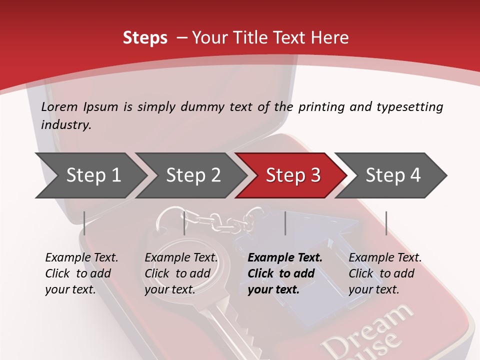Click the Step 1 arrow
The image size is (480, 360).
tap(93, 175)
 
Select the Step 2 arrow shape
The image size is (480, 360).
tap(193, 175)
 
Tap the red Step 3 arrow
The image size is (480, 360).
tap(293, 175)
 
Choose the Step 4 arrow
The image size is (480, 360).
tap(393, 175)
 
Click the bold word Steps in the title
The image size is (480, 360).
tap(145, 38)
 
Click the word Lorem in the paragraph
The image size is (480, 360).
tap(59, 107)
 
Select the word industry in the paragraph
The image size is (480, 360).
tap(66, 125)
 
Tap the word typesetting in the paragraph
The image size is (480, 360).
tap(409, 107)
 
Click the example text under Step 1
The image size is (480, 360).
tap(81, 273)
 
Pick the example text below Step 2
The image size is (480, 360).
tap(181, 273)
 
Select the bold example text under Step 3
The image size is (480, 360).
tap(285, 273)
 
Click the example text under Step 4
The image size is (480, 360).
tap(385, 273)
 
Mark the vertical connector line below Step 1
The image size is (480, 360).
tap(84, 223)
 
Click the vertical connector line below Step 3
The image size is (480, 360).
tap(285, 223)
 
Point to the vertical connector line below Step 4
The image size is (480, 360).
tap(386, 223)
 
